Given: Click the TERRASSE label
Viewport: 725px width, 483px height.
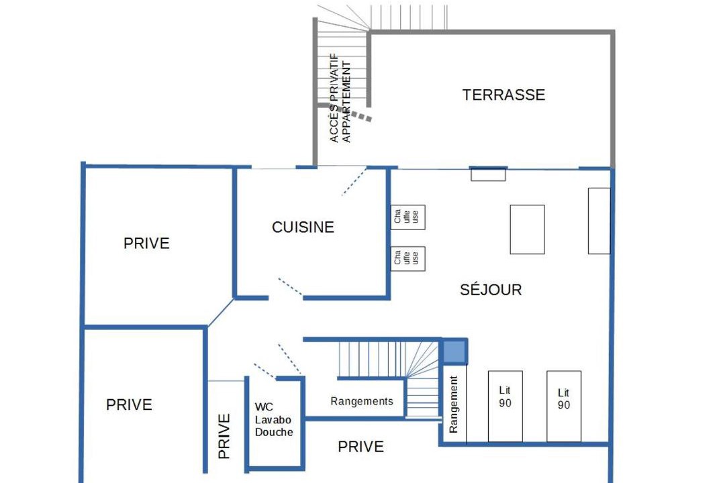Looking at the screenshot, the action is [503, 95].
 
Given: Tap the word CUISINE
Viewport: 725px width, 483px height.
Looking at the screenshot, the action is [303, 227].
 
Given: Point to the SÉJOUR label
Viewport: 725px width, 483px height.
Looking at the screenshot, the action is [491, 289].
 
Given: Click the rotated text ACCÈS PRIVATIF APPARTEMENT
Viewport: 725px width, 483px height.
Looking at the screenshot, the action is [340, 97].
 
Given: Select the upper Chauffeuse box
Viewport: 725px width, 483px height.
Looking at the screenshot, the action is [408, 217].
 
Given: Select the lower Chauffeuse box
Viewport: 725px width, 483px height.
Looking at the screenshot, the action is [408, 258].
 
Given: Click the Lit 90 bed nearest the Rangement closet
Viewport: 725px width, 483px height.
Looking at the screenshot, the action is [505, 407].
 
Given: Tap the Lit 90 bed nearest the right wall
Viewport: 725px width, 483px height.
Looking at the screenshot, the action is [564, 407].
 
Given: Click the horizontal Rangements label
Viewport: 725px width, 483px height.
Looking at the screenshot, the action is [362, 401].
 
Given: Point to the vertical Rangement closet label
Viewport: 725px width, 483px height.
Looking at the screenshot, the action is [453, 404].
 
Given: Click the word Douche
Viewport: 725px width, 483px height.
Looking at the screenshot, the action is [274, 432].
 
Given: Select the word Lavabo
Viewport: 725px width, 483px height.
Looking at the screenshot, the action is [273, 420].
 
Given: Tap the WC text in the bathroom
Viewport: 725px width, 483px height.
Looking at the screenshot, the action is [264, 407].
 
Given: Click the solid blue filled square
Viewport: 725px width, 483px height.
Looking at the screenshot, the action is [454, 352].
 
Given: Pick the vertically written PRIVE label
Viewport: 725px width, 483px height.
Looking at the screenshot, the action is [224, 436].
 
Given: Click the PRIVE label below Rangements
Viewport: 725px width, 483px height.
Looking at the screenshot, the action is [360, 447].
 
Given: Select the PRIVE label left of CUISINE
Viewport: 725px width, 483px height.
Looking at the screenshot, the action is [146, 243].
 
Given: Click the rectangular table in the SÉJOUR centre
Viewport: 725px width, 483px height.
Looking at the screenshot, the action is [527, 229].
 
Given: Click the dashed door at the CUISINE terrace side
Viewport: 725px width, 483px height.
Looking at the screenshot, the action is [354, 182].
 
